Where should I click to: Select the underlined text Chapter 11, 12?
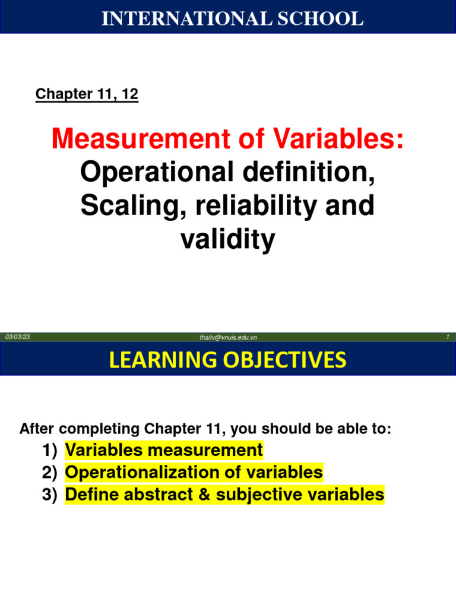click(x=87, y=94)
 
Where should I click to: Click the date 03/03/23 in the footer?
click(x=17, y=337)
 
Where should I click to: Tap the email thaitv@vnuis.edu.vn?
click(x=228, y=338)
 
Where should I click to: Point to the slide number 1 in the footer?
click(x=446, y=337)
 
